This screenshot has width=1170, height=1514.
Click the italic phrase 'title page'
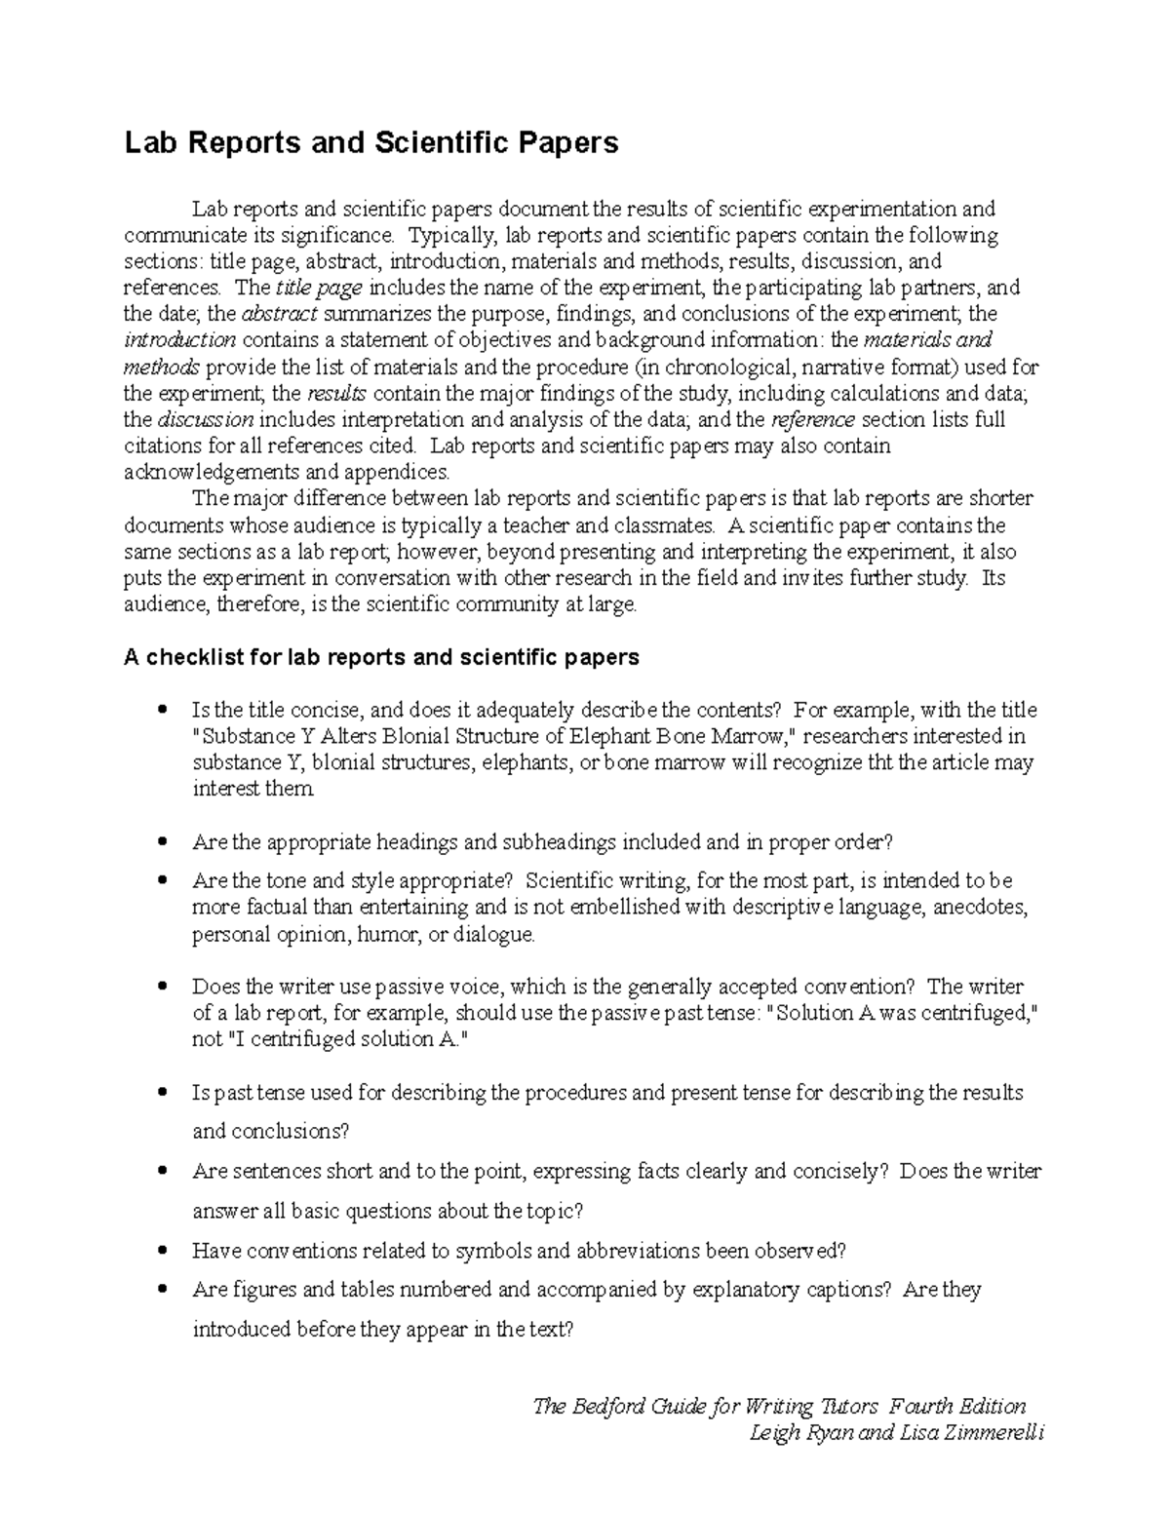coord(320,288)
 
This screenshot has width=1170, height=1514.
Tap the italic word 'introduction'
coord(180,340)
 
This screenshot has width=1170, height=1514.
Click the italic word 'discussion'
coord(206,420)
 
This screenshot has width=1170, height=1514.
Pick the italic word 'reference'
coord(812,420)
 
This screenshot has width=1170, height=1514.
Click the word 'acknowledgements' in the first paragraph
coord(213,473)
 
